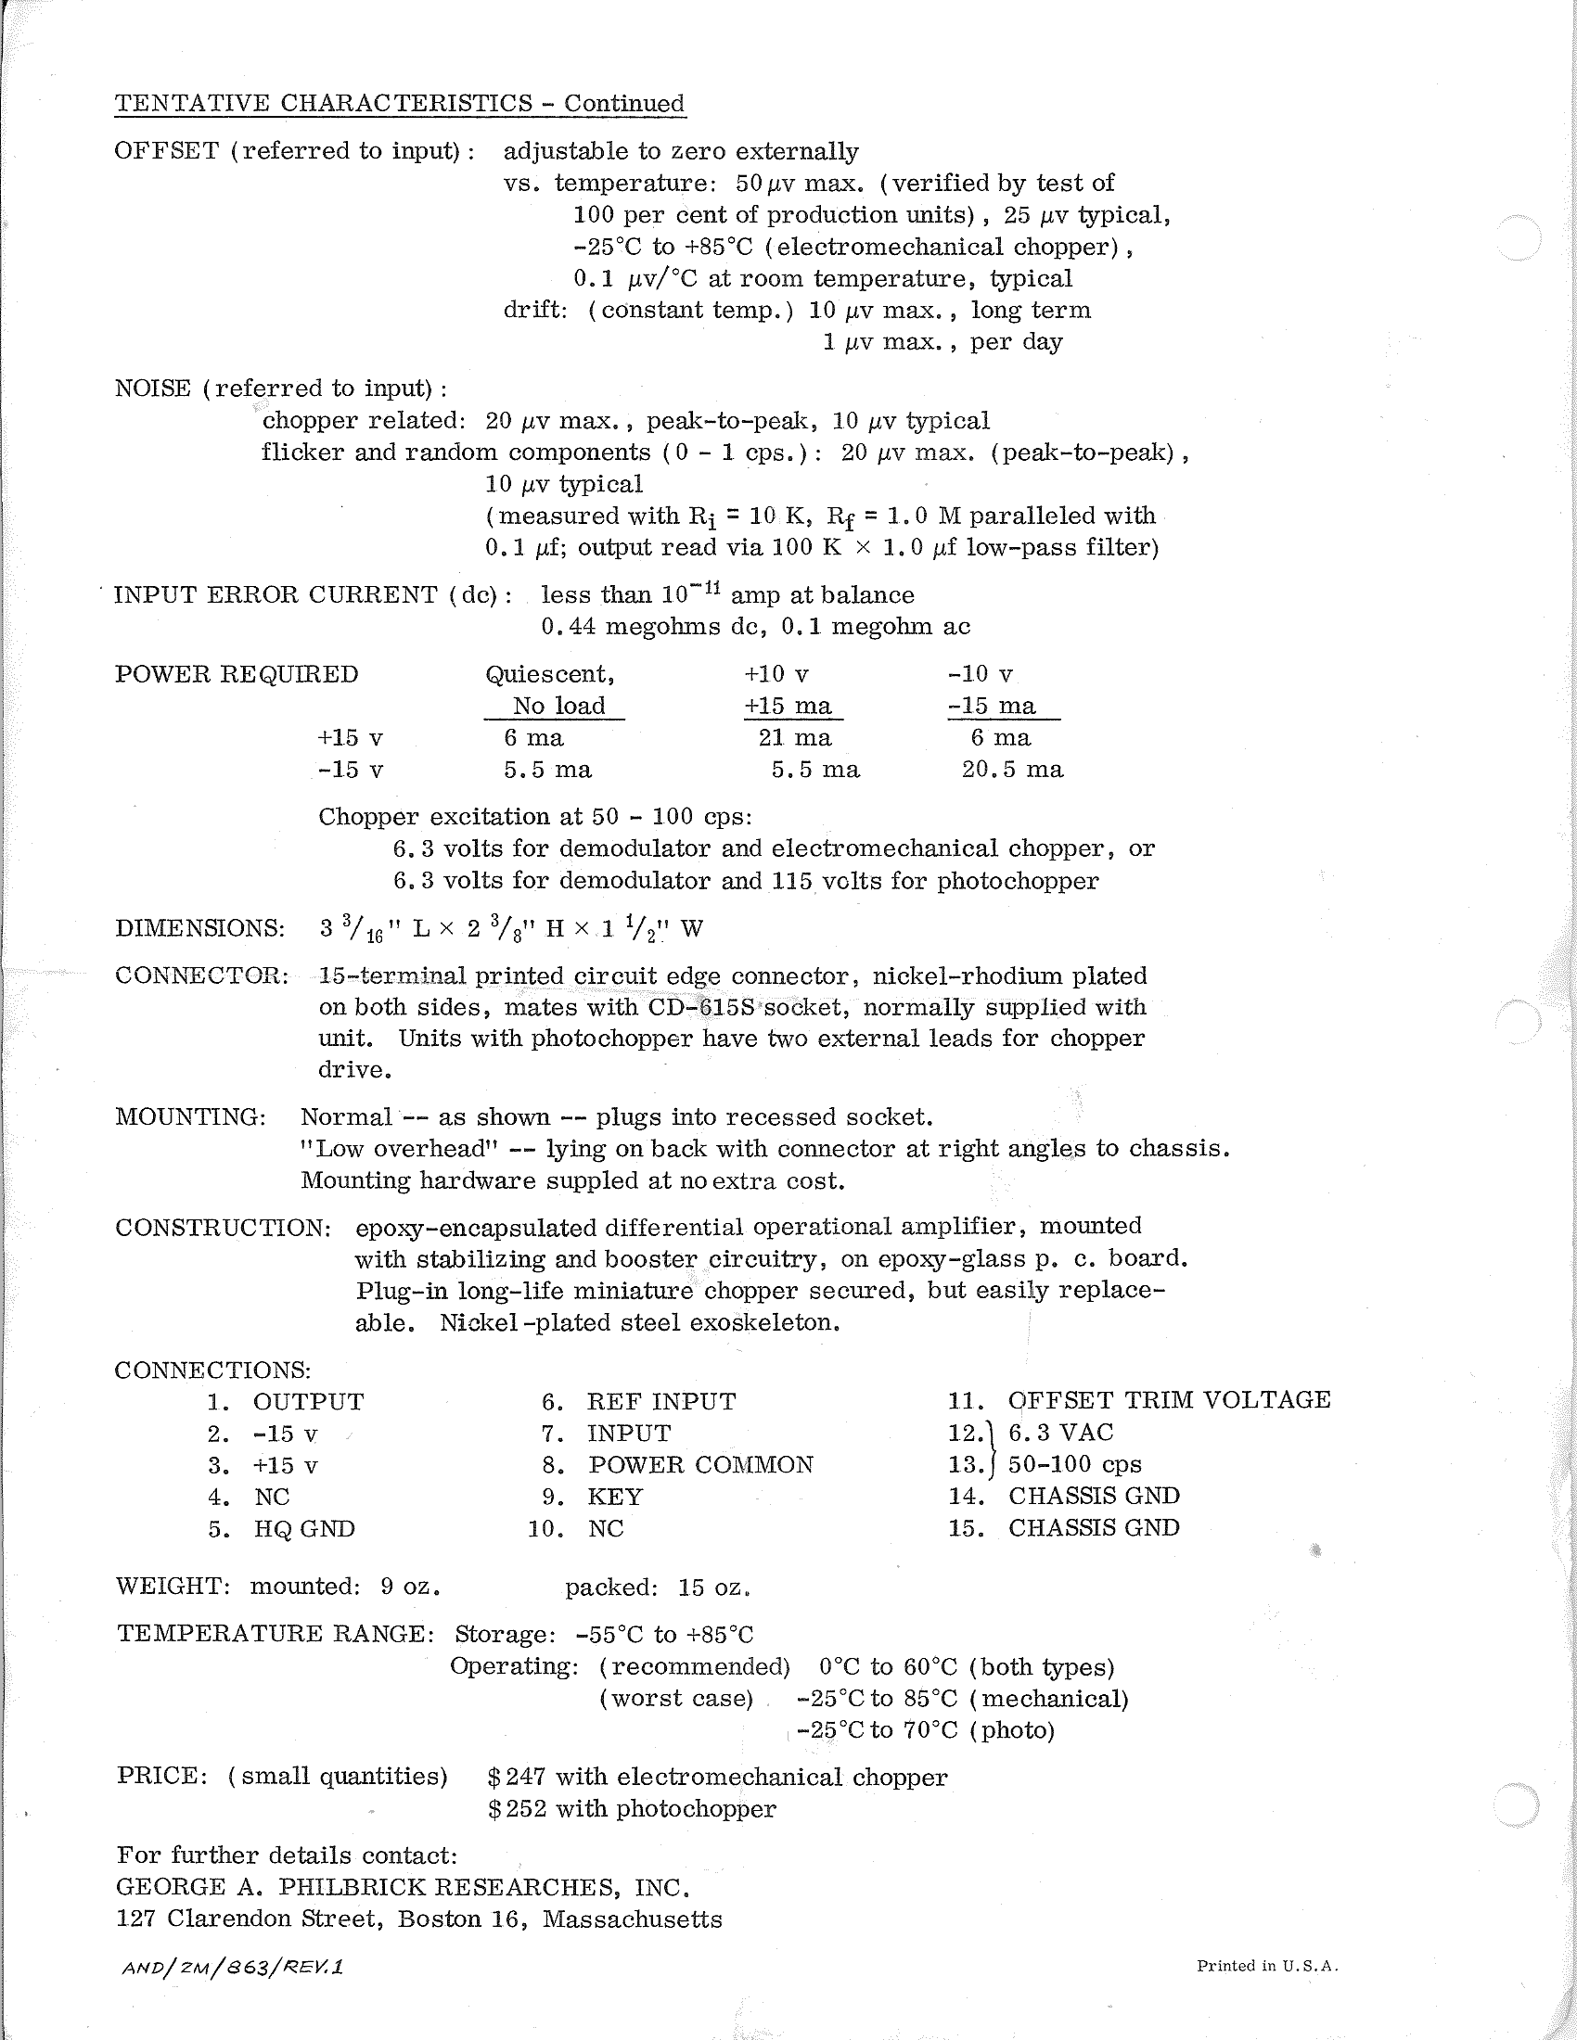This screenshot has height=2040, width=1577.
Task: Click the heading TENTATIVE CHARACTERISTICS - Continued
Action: tap(399, 103)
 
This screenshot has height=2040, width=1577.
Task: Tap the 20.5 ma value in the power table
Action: tap(1012, 770)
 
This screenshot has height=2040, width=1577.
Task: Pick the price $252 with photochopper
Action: tap(632, 1809)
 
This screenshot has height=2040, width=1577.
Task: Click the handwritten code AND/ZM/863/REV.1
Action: tap(233, 1967)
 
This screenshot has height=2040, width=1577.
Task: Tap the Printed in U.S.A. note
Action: tap(1268, 1966)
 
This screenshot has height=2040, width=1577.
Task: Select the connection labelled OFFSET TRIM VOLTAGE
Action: tap(1169, 1400)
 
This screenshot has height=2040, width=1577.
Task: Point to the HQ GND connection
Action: tap(303, 1529)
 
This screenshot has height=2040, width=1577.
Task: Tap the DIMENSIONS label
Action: tap(200, 928)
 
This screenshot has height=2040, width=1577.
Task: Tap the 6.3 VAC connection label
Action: tap(1060, 1433)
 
